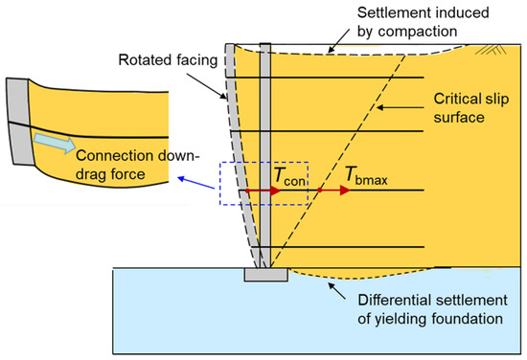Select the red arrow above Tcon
click(263, 191)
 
